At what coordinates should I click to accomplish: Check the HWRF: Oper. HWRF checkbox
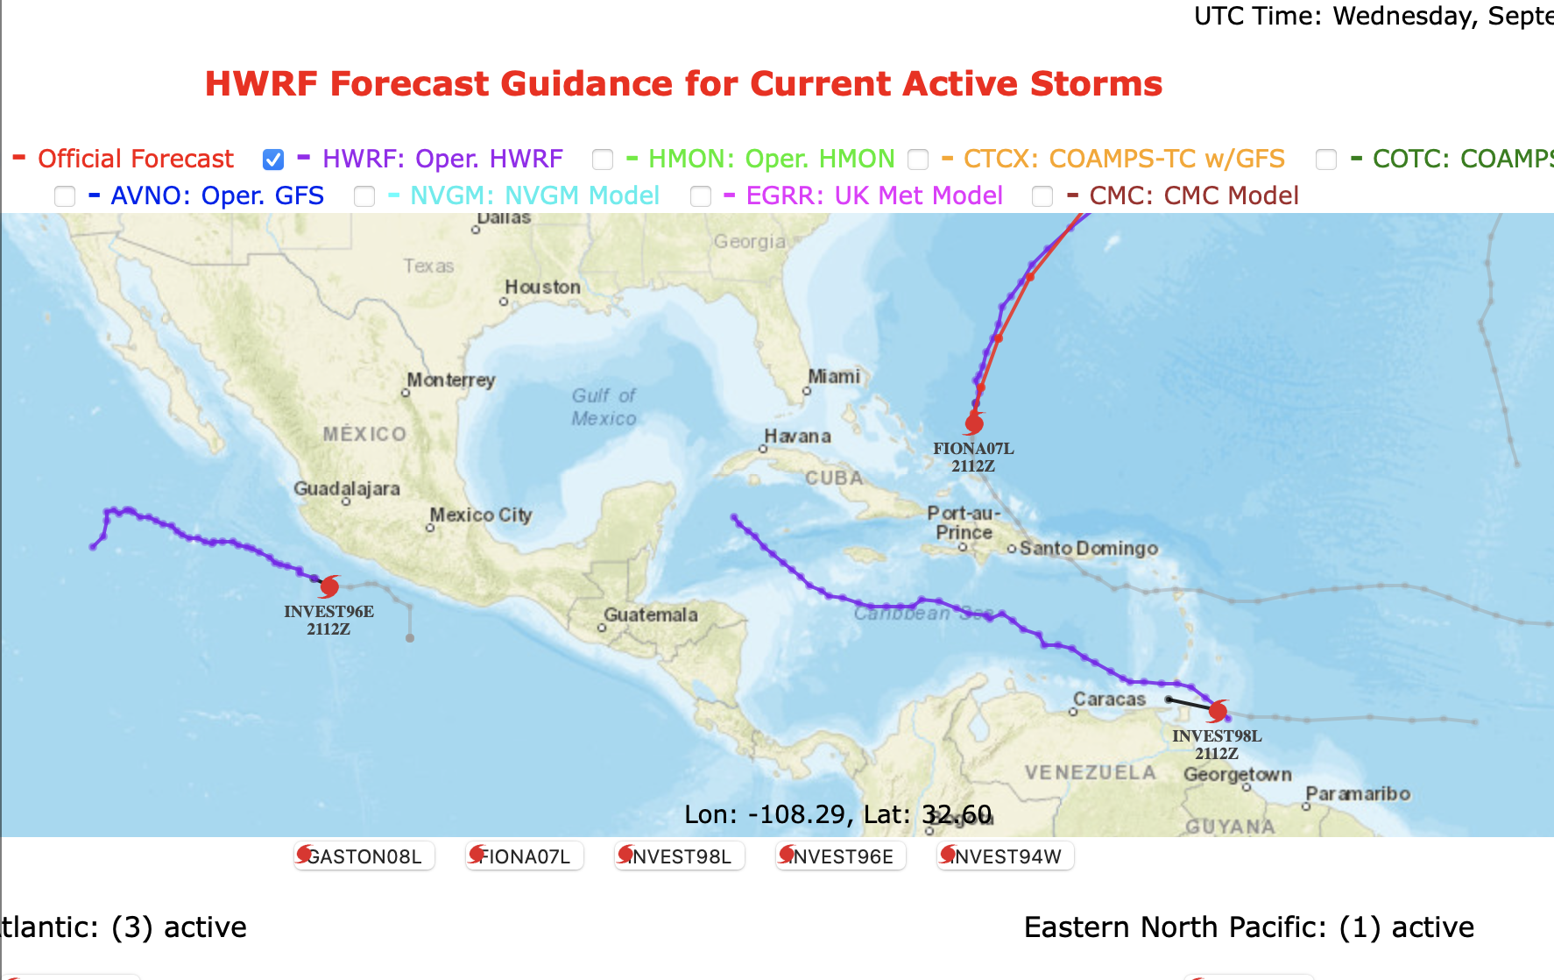point(273,160)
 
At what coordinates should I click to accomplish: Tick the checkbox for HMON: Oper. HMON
point(603,160)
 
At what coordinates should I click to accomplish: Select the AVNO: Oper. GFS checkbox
point(65,196)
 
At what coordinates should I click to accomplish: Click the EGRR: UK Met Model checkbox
point(701,196)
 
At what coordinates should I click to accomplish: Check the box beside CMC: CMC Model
point(1042,196)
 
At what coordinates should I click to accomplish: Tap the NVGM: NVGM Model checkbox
point(364,196)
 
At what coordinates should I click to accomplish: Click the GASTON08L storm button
point(364,856)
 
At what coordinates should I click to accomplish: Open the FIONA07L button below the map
point(524,856)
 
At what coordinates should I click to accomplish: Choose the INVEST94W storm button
point(1006,856)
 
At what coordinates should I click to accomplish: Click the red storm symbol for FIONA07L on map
point(973,424)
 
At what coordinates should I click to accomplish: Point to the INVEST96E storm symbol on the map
point(329,586)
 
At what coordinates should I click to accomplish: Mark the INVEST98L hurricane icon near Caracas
point(1218,710)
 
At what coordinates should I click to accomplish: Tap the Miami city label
point(834,377)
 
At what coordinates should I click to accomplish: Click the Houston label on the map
point(542,288)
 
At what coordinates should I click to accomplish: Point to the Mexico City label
point(480,515)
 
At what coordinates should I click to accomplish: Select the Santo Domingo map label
point(1088,549)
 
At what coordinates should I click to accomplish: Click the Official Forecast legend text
point(136,159)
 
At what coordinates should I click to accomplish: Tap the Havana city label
point(797,437)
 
